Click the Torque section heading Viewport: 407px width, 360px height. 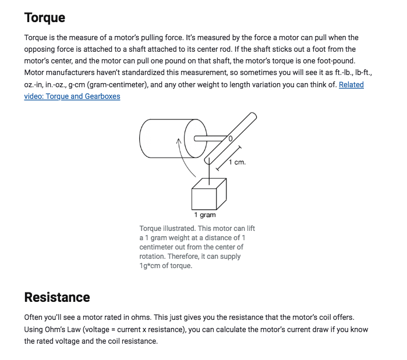[x=44, y=17]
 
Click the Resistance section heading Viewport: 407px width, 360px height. [x=57, y=297]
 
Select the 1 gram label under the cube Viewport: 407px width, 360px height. [x=205, y=215]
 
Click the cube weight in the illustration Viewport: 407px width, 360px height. [x=208, y=193]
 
